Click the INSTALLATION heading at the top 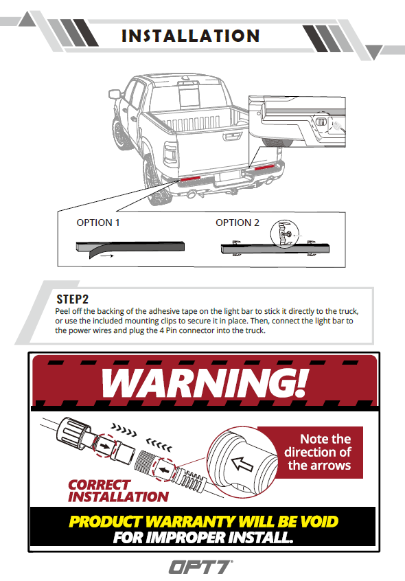[x=191, y=36]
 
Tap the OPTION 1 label [x=98, y=223]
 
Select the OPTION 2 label [x=238, y=223]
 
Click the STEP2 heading [x=73, y=299]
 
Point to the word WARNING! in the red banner [x=205, y=383]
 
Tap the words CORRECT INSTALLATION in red [x=118, y=491]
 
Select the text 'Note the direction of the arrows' [x=319, y=452]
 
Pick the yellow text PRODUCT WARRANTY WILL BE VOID [x=204, y=521]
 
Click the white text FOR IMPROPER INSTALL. [x=203, y=537]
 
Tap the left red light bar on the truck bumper [x=191, y=179]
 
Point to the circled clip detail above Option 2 [x=285, y=233]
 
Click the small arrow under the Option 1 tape [x=106, y=255]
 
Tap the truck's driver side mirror [x=115, y=94]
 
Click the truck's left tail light [x=171, y=153]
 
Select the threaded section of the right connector [x=144, y=462]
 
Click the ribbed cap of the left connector [x=73, y=432]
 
